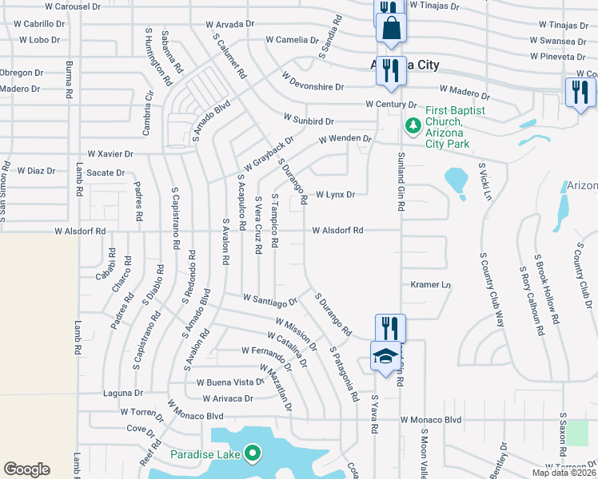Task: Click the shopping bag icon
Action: [392, 30]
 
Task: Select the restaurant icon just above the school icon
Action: [390, 327]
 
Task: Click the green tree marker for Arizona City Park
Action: [413, 125]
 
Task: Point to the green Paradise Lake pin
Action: [253, 454]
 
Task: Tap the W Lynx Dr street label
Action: [335, 194]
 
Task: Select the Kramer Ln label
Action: [431, 284]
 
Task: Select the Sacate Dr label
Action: [106, 172]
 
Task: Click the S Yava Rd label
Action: [373, 416]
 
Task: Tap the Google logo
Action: [26, 469]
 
